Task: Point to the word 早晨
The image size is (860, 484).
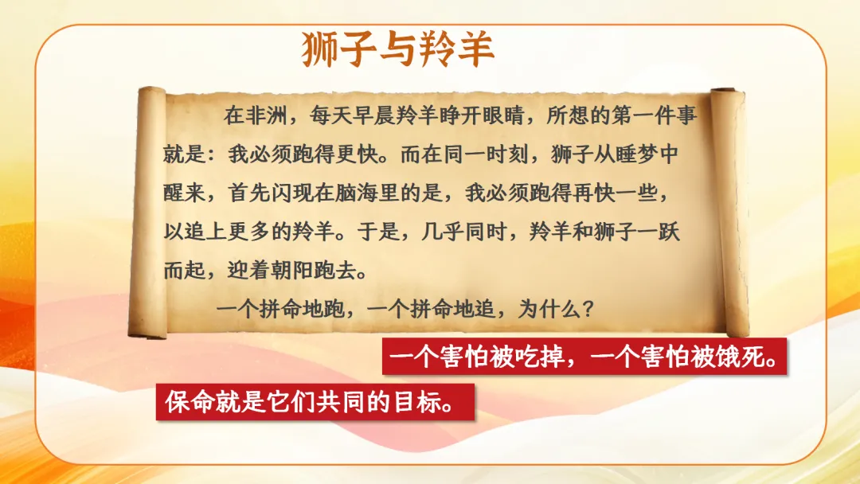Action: [387, 116]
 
